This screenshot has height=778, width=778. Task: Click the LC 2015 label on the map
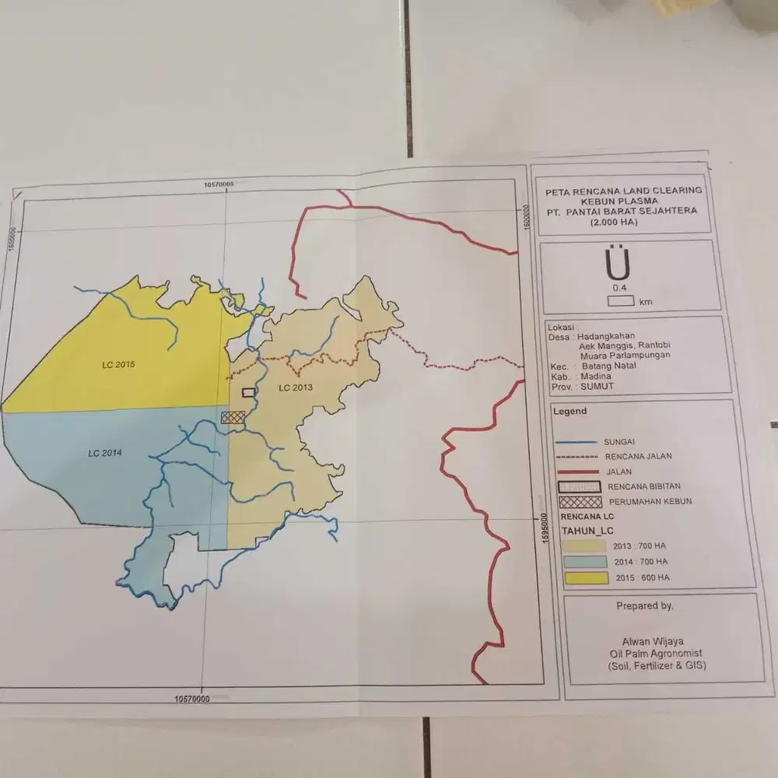coord(118,364)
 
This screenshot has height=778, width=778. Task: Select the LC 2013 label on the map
coord(294,387)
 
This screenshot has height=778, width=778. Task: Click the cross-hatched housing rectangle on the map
coord(233,417)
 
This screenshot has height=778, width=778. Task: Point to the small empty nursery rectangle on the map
coord(248,393)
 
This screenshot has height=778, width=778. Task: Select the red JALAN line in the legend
coord(578,471)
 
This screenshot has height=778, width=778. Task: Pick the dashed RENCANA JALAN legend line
coord(577,456)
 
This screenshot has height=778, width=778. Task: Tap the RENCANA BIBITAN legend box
coord(580,486)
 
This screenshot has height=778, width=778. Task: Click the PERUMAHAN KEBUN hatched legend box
coord(580,502)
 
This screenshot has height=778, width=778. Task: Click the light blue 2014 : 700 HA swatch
coord(584,562)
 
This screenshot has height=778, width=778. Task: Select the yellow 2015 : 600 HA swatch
coord(585,577)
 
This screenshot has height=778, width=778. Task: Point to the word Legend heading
coord(569,412)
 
